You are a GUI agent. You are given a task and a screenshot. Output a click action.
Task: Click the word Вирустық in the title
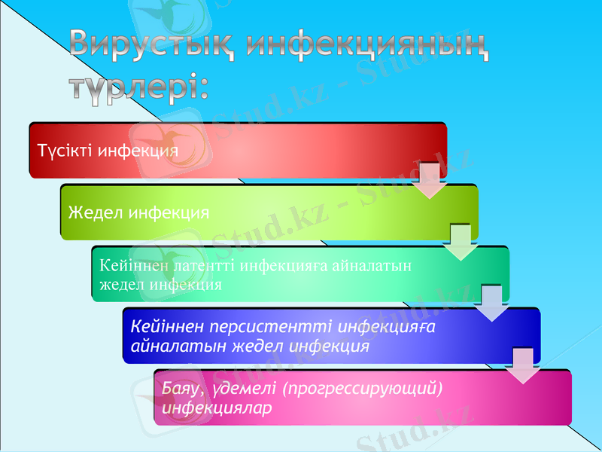coord(154,47)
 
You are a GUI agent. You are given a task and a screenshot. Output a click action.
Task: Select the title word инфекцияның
coord(369,47)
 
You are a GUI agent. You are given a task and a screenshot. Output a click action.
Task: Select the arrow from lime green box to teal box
coord(461,243)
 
